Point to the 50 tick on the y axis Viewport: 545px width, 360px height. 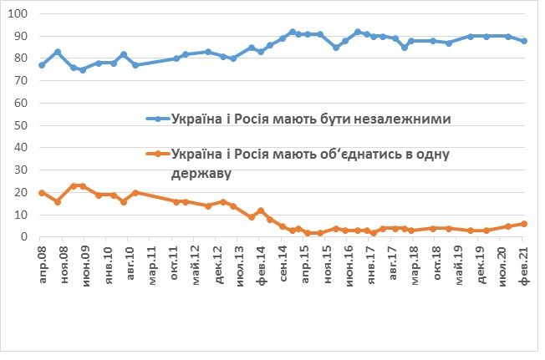coord(21,126)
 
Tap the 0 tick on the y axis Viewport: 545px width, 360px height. coord(24,237)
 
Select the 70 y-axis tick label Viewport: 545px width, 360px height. coord(21,82)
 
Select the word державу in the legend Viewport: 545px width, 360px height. coord(201,174)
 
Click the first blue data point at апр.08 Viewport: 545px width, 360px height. coord(42,65)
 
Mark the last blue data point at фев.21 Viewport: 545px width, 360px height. coord(524,41)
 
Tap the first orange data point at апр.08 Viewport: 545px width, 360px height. coord(42,193)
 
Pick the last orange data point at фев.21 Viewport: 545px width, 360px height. coord(524,224)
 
